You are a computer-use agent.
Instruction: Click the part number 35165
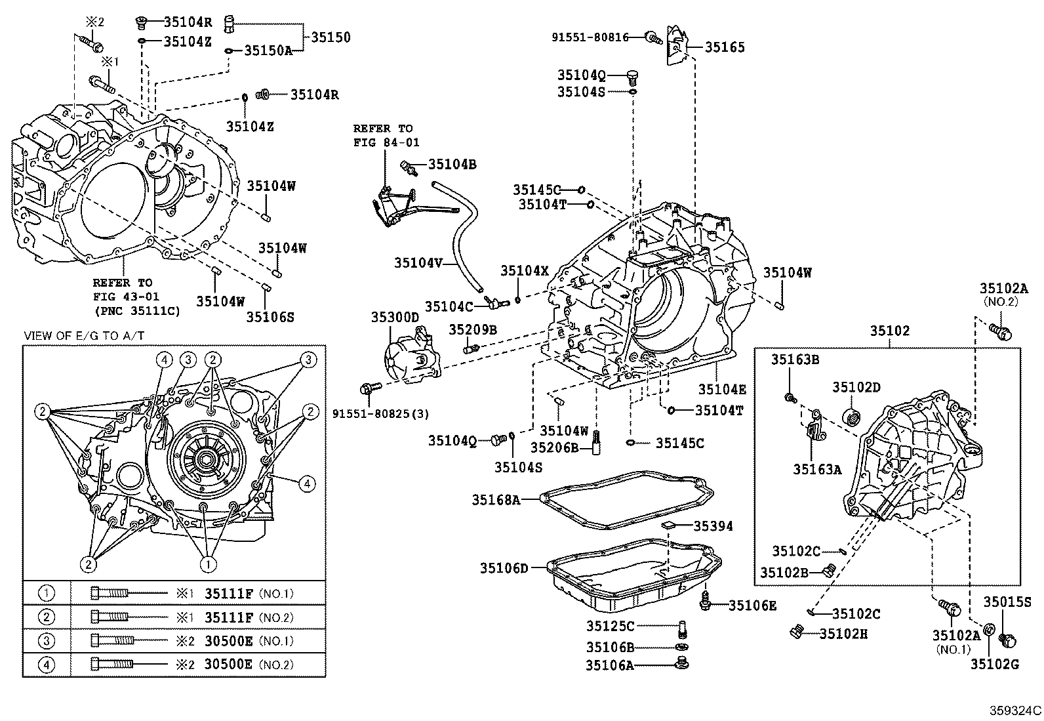coord(725,47)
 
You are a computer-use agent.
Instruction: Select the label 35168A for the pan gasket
coord(496,500)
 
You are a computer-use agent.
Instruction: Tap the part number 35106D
coord(504,568)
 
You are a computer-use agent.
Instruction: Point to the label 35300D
coord(395,318)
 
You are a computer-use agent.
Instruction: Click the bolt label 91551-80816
coord(590,37)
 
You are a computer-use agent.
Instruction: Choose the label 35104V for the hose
coord(418,262)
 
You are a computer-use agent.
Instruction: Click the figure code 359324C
coord(1016,710)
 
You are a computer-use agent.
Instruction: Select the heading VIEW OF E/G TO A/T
coord(85,336)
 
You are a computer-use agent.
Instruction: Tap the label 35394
coord(713,526)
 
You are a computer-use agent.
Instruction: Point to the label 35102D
coord(856,387)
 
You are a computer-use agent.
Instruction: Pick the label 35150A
coord(268,50)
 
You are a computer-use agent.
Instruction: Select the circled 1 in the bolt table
coord(46,594)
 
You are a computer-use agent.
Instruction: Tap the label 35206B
coord(554,447)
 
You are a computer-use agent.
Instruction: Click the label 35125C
coord(611,626)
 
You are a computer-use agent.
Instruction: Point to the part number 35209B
coord(473,329)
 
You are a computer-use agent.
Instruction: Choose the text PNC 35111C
coord(136,310)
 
